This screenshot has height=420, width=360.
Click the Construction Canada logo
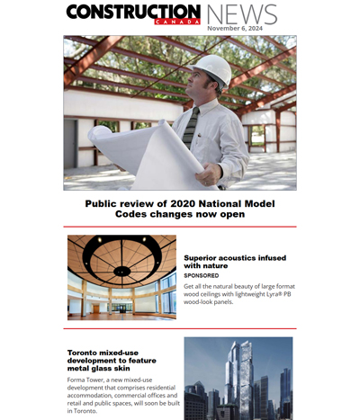pos(132,13)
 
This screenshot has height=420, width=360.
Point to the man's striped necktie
pos(191,126)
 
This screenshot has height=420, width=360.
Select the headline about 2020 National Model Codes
pos(180,209)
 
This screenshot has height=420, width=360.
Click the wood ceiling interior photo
pos(121,277)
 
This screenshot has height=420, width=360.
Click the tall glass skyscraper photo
pos(238,378)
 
